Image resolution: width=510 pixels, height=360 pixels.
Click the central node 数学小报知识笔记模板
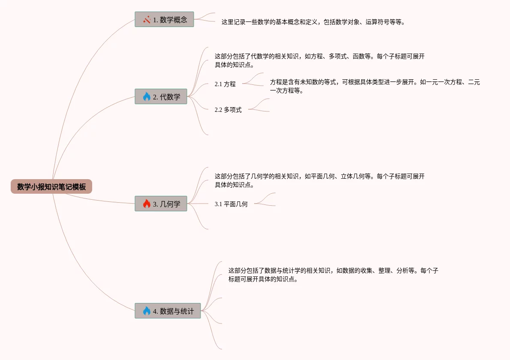point(51,187)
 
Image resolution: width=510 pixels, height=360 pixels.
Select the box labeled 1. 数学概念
point(164,19)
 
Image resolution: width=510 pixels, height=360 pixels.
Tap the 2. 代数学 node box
point(161,96)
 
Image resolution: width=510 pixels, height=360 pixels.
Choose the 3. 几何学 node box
point(161,204)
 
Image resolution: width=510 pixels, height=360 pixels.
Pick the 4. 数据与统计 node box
point(168,311)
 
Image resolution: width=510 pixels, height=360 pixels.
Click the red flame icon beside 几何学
point(147,204)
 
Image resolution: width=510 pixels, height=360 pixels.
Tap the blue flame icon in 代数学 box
point(147,96)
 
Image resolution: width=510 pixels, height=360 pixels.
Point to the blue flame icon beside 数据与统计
point(147,311)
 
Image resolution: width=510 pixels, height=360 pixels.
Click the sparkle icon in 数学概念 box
point(147,19)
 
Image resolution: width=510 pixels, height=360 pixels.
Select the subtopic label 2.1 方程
point(225,84)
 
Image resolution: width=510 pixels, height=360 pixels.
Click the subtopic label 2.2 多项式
point(228,110)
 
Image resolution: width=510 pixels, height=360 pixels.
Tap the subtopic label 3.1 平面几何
point(231,204)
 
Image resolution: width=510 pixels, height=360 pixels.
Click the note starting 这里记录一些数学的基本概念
point(313,22)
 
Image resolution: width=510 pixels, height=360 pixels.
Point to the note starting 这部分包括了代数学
point(319,60)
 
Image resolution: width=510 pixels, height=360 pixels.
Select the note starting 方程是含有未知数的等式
point(375,86)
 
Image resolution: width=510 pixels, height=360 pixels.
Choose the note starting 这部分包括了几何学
point(319,180)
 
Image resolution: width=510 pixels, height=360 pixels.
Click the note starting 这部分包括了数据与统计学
point(333,275)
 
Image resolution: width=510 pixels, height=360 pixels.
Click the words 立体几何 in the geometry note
point(352,176)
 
